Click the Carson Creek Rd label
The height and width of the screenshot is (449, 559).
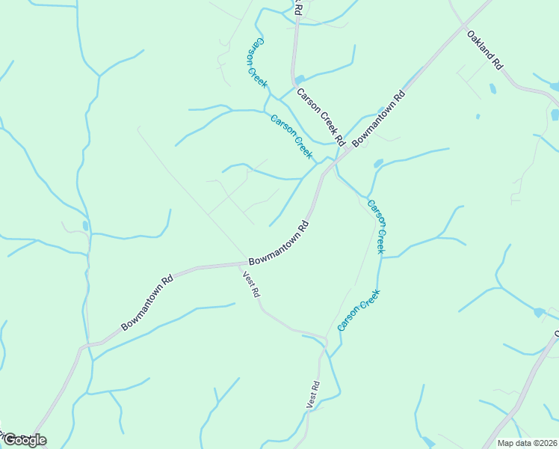(321, 116)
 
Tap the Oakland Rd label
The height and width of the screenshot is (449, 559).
(484, 50)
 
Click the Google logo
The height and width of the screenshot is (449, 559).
(24, 440)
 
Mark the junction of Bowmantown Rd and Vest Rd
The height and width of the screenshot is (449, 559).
(244, 263)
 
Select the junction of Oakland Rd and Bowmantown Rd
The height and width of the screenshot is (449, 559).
(491, 2)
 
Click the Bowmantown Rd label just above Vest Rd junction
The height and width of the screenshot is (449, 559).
(279, 243)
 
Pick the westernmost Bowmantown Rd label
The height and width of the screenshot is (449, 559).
(147, 302)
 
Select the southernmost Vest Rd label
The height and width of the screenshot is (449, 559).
(312, 394)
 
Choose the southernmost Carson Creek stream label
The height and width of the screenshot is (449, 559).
(359, 310)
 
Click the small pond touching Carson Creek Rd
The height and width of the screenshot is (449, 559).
(300, 79)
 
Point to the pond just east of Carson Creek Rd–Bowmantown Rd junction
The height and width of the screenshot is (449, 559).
(378, 163)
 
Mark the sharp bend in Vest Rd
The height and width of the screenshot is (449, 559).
(326, 341)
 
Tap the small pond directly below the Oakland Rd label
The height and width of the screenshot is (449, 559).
(492, 88)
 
